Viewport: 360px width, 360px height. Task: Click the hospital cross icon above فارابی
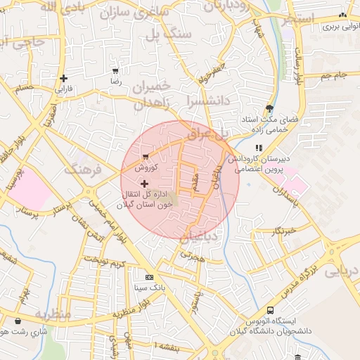pos(64,78)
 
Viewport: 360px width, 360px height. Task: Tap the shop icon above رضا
pos(115,71)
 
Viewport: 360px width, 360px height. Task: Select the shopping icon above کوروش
pos(146,157)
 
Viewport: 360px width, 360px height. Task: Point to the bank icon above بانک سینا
pos(149,278)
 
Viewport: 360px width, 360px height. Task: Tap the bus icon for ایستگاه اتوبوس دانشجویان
pos(270,311)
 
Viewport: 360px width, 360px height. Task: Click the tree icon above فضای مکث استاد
pos(270,108)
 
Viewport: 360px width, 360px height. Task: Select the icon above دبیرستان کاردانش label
pos(259,148)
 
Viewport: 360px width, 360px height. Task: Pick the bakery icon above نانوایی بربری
pos(342,15)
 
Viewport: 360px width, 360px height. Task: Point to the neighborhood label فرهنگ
pos(83,169)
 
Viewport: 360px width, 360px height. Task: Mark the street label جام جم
pos(333,75)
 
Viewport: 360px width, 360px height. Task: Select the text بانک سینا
pos(149,288)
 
